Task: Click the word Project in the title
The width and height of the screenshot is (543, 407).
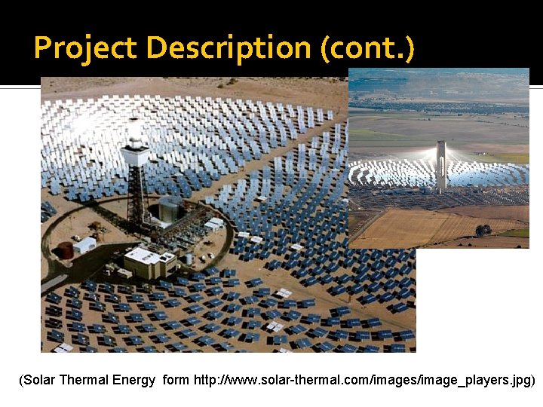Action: tap(86, 48)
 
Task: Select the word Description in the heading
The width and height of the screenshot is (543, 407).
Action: tap(229, 48)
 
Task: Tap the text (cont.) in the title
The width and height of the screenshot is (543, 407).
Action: tap(367, 48)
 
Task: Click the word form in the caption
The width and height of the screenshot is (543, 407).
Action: tap(176, 380)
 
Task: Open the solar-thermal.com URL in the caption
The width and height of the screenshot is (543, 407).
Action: tap(361, 380)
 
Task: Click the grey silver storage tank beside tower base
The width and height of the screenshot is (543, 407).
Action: tap(169, 209)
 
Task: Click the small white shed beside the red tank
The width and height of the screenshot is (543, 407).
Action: tap(84, 245)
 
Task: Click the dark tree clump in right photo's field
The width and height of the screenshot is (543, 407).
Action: tap(483, 230)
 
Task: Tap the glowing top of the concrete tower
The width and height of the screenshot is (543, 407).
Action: tap(441, 145)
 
